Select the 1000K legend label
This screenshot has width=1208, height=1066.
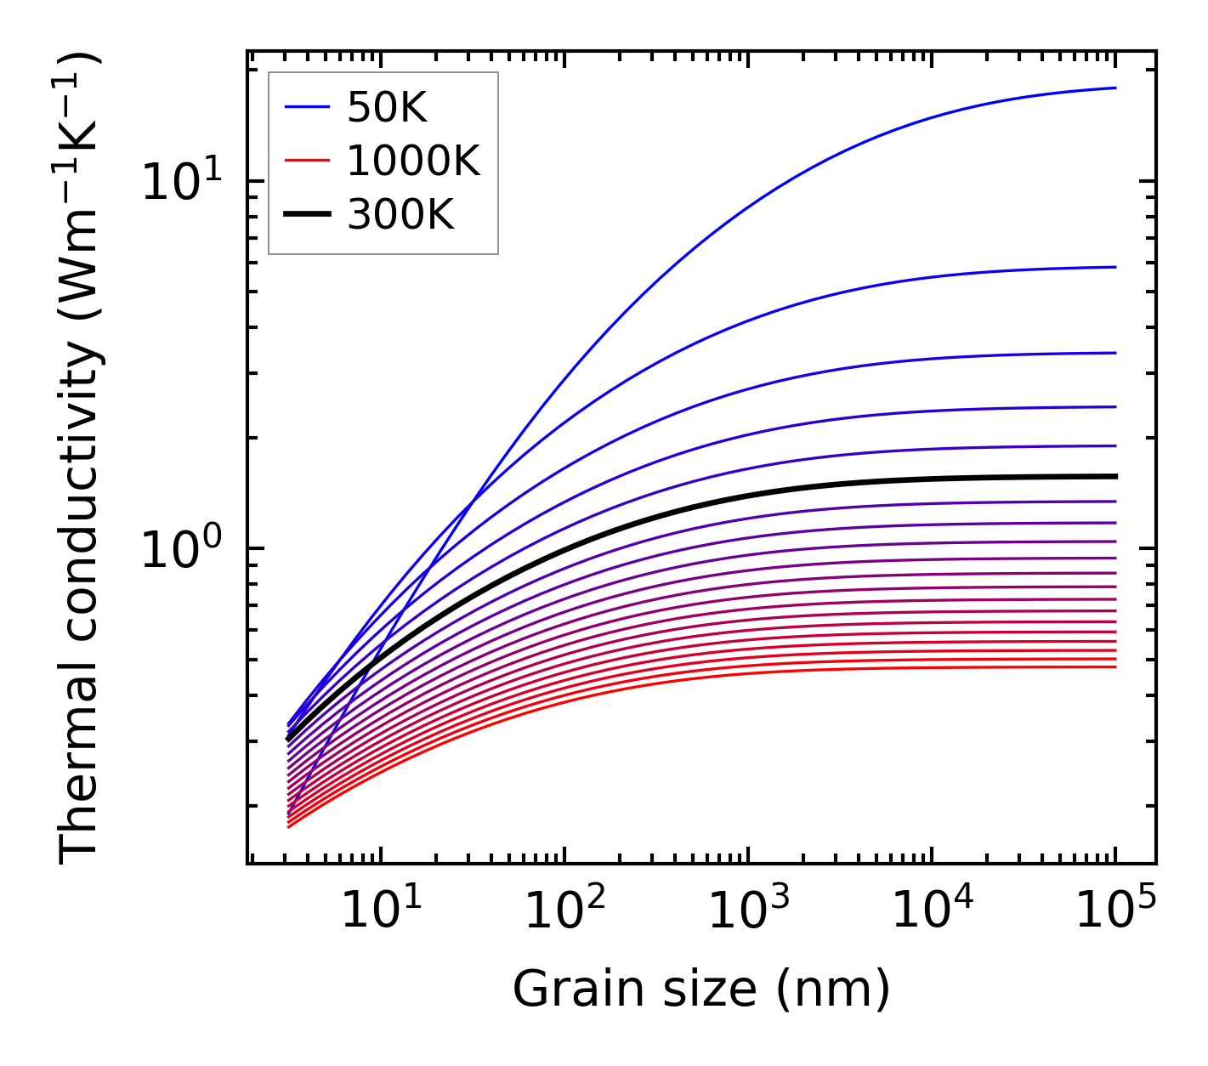click(414, 161)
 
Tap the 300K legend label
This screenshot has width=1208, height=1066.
click(401, 215)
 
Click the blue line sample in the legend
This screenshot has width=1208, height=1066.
click(307, 107)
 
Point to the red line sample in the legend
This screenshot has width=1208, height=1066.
click(307, 161)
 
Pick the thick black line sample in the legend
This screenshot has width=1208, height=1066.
click(307, 215)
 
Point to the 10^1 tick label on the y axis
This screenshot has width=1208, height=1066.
click(180, 182)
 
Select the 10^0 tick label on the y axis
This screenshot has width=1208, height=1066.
click(180, 549)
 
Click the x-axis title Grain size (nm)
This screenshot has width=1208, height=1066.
click(701, 989)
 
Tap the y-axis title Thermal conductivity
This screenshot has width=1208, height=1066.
click(81, 457)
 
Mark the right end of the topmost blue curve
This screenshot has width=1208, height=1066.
click(1115, 88)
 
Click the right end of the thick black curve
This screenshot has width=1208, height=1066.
click(1115, 476)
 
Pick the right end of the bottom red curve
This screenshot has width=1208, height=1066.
click(1115, 666)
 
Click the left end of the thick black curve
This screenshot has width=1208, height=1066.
click(289, 738)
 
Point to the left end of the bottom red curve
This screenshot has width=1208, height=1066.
click(289, 826)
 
